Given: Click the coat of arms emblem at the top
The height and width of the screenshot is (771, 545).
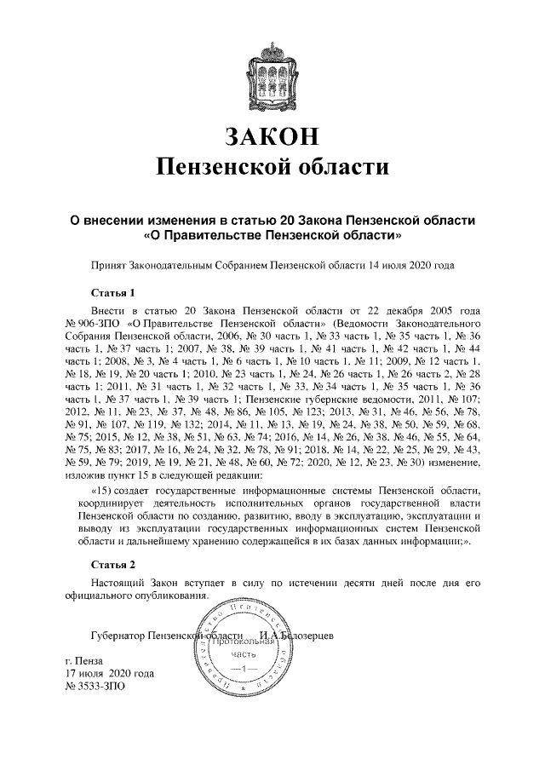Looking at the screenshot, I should tap(272, 73).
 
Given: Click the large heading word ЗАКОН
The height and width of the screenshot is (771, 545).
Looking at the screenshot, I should tap(272, 135).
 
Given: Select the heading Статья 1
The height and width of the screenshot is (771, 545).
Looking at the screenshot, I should tap(113, 294).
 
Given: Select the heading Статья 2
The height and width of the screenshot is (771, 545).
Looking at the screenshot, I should tap(113, 565).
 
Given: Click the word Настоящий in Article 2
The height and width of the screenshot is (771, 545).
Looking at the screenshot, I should tap(117, 583).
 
